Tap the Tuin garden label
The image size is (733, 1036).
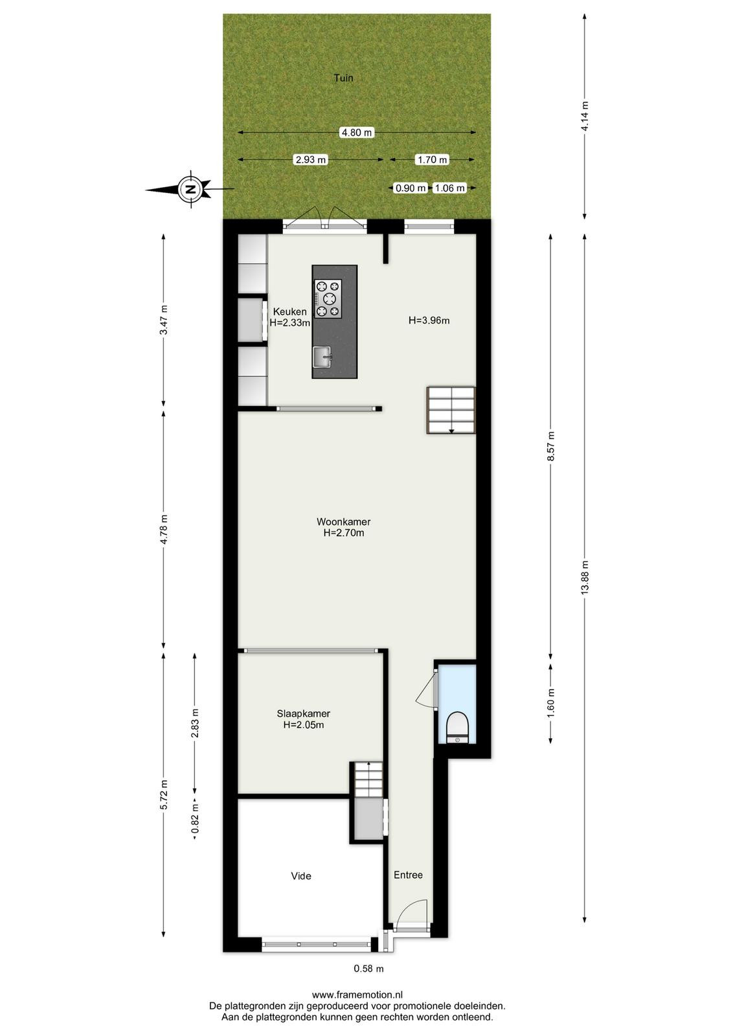coord(344,78)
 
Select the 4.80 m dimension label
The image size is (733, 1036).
coord(357,133)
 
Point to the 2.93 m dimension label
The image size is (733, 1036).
coord(311,160)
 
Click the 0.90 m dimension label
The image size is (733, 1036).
coord(411,188)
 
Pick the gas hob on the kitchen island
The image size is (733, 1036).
coord(328,298)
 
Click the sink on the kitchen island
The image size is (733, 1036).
coord(322,357)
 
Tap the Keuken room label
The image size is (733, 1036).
coord(289,311)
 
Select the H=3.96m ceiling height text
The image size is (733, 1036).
coord(429,321)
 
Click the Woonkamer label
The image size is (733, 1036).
coord(344,522)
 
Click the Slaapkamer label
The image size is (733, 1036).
coord(304,714)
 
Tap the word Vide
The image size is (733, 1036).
coord(301,876)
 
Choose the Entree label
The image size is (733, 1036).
coord(409,875)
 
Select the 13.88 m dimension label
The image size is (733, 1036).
coord(585,577)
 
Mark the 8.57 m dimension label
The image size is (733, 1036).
coord(551,446)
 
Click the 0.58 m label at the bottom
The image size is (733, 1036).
coord(368,969)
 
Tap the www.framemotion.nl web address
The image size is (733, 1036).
coord(357,995)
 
